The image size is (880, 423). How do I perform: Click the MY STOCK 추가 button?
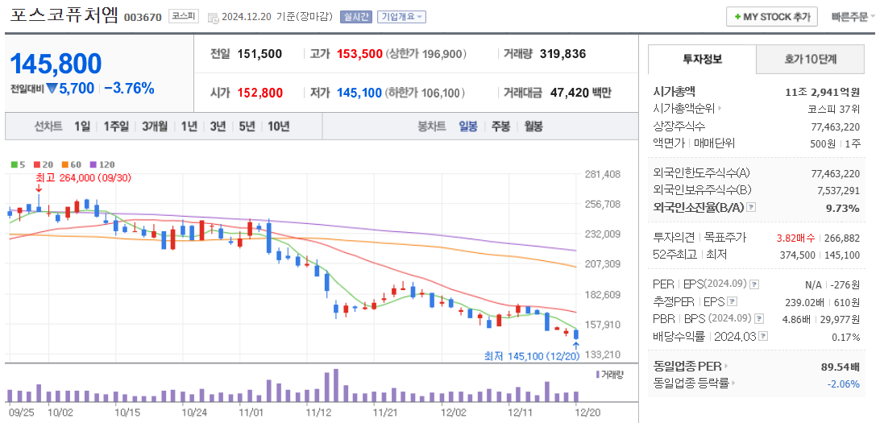pyautogui.click(x=772, y=17)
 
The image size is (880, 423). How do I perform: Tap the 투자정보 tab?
pyautogui.click(x=702, y=59)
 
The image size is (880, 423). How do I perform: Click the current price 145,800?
pyautogui.click(x=56, y=64)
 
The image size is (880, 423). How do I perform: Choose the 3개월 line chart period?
pyautogui.click(x=155, y=126)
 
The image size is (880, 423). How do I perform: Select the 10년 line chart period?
pyautogui.click(x=278, y=126)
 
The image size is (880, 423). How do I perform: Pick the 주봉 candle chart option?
pyautogui.click(x=500, y=126)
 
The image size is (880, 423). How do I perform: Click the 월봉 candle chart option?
pyautogui.click(x=533, y=126)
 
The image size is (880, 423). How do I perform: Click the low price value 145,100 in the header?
pyautogui.click(x=359, y=93)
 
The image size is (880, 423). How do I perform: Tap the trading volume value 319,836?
pyautogui.click(x=562, y=54)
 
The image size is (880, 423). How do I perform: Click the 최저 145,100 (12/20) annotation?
pyautogui.click(x=532, y=355)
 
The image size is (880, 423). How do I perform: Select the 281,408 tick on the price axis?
pyautogui.click(x=602, y=174)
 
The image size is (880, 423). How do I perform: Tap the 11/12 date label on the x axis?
pyautogui.click(x=319, y=412)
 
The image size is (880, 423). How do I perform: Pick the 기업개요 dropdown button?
pyautogui.click(x=402, y=17)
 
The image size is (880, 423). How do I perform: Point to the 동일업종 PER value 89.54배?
pyautogui.click(x=837, y=367)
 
